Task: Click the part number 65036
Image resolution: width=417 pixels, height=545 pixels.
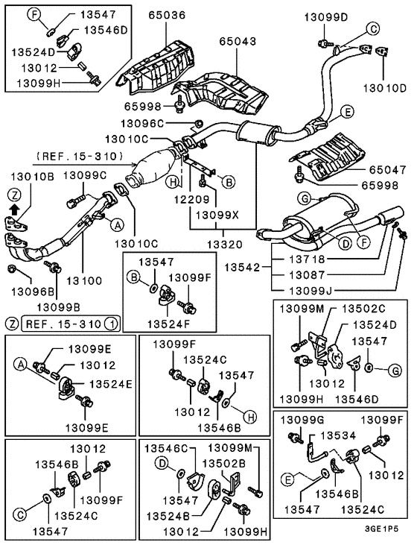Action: pyautogui.click(x=167, y=16)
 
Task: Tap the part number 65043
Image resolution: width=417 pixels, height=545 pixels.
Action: pyautogui.click(x=238, y=41)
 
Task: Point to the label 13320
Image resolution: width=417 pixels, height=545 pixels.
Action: pyautogui.click(x=225, y=245)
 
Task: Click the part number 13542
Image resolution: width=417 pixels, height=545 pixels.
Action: pyautogui.click(x=242, y=268)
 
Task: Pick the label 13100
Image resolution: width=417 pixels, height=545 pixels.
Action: pyautogui.click(x=84, y=280)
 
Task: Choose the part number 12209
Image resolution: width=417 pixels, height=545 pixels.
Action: pyautogui.click(x=192, y=199)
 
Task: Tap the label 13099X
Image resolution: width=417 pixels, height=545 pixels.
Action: pyautogui.click(x=217, y=215)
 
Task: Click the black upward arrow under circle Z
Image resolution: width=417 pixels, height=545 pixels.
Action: pyautogui.click(x=14, y=210)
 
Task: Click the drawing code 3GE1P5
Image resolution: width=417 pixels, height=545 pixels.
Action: pyautogui.click(x=381, y=529)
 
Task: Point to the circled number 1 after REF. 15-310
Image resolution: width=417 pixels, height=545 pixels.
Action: pyautogui.click(x=112, y=324)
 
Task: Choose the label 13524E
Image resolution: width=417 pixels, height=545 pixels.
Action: pyautogui.click(x=111, y=384)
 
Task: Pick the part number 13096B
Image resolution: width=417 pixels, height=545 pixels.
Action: pyautogui.click(x=33, y=292)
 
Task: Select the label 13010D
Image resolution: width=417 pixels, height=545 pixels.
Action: pyautogui.click(x=385, y=88)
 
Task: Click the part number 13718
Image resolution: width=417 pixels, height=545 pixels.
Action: pyautogui.click(x=308, y=259)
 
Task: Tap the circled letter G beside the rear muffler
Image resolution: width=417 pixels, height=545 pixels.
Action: pyautogui.click(x=304, y=199)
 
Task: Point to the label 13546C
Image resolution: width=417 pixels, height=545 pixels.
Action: pyautogui.click(x=166, y=448)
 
